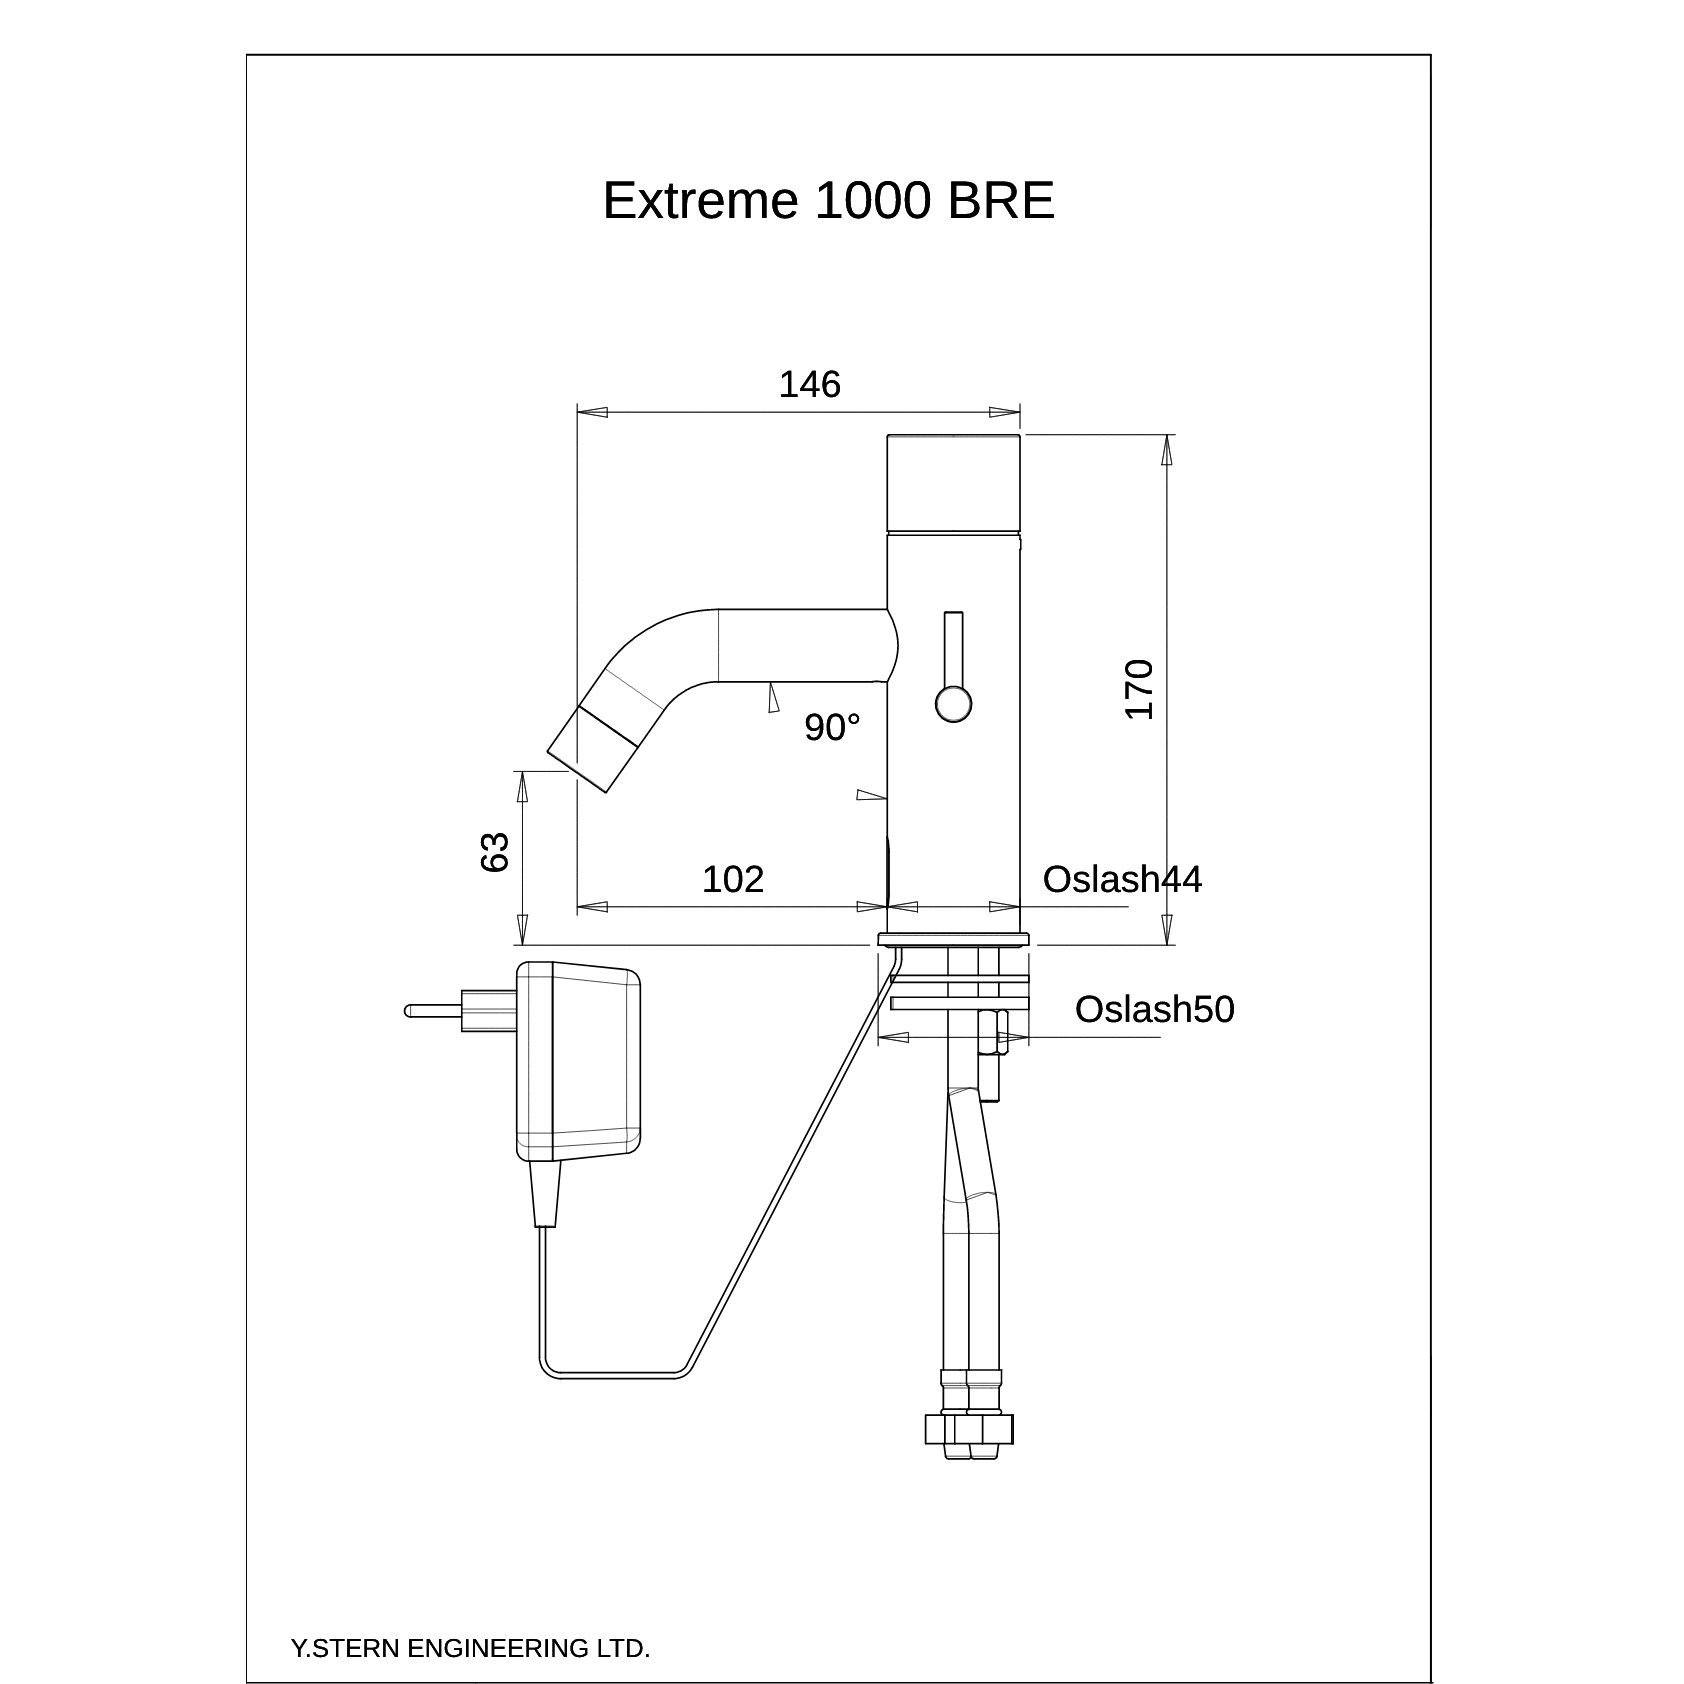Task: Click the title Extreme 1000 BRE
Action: pos(828,201)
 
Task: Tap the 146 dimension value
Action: pos(810,384)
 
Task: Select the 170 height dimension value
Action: pos(1139,689)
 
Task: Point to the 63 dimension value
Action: pos(495,852)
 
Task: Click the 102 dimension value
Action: pos(733,879)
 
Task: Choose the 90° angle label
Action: pos(832,728)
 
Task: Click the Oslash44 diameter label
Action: pos(1122,879)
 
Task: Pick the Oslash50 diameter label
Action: pos(1155,1009)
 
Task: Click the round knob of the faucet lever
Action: pos(953,703)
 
